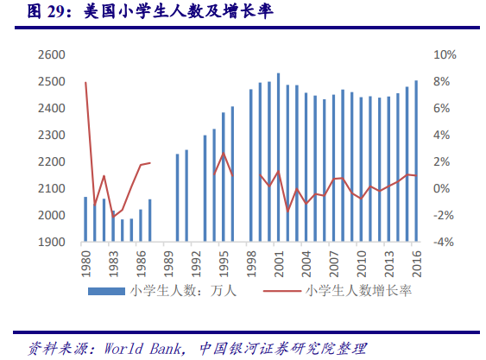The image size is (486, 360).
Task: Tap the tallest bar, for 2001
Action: click(x=278, y=156)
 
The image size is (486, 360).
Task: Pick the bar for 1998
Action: click(x=250, y=165)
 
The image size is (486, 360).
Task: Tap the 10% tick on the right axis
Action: click(x=445, y=54)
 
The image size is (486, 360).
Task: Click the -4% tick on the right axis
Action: click(x=445, y=243)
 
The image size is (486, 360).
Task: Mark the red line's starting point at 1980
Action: click(x=85, y=83)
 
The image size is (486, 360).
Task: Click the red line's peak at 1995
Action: click(x=224, y=153)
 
